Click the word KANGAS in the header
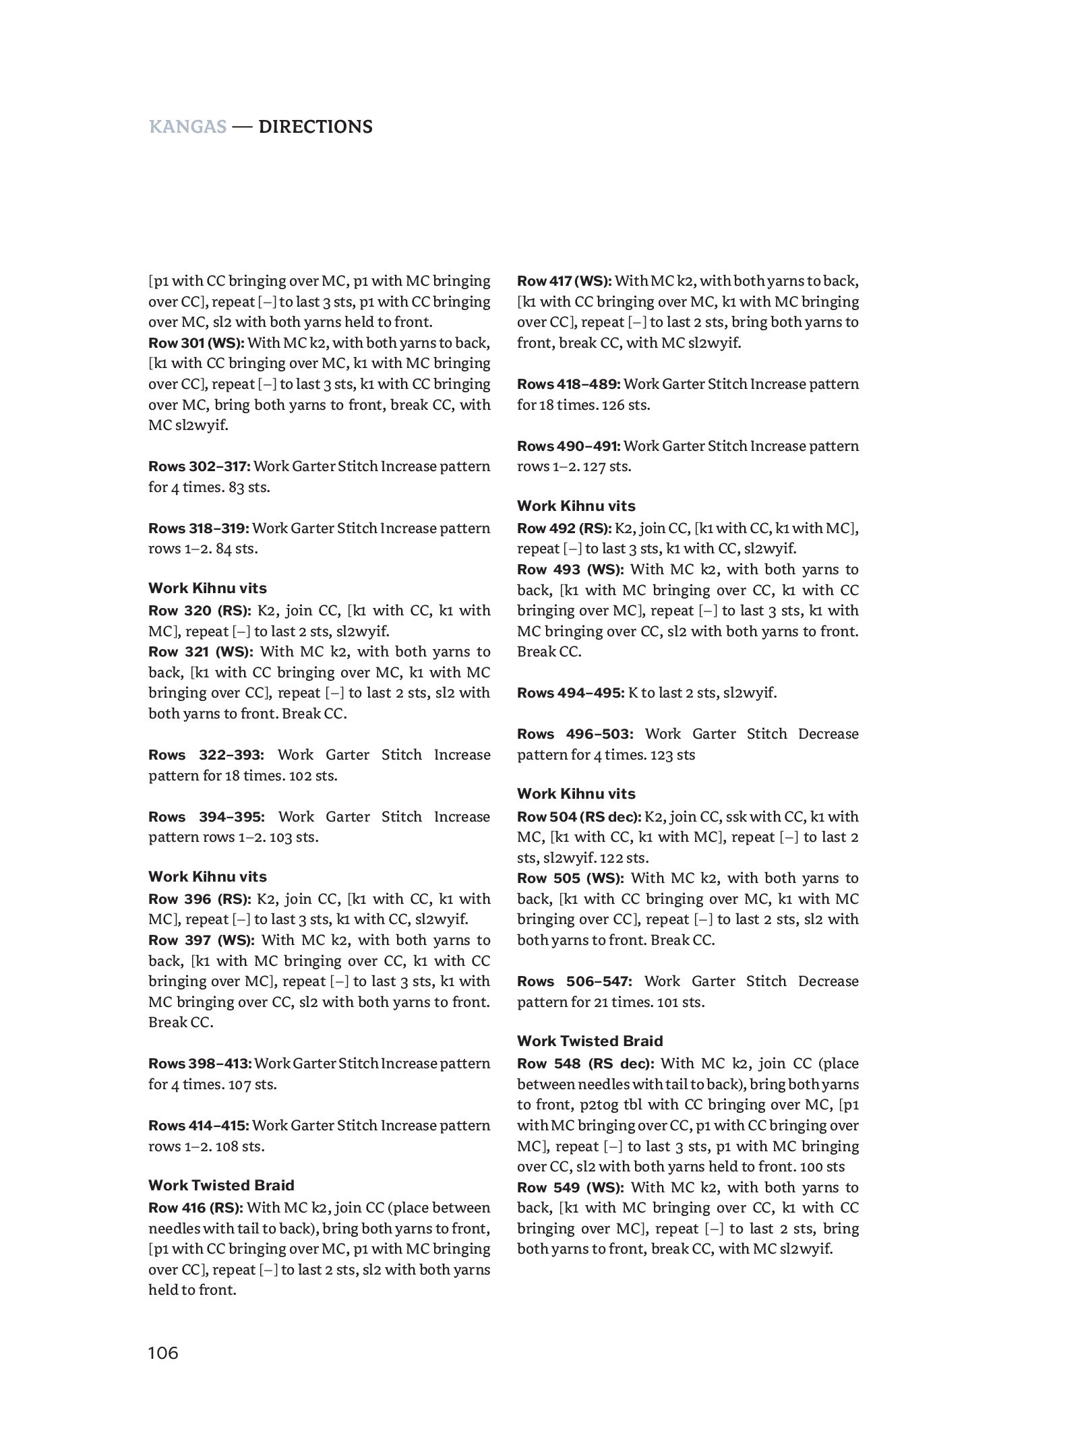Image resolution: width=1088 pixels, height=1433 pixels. click(x=187, y=127)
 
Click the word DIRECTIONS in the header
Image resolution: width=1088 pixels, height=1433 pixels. click(x=315, y=127)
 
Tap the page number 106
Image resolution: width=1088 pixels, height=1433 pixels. click(x=163, y=1352)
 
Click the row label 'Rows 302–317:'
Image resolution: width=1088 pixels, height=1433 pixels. click(x=200, y=466)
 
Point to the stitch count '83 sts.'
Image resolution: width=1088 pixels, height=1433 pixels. click(x=249, y=487)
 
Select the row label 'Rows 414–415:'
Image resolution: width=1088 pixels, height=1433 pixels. click(x=199, y=1126)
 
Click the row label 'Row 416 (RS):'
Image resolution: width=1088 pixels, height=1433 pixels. click(x=195, y=1208)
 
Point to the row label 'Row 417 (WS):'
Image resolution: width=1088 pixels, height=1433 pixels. click(x=564, y=281)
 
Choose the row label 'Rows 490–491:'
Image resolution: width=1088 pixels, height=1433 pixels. click(x=568, y=446)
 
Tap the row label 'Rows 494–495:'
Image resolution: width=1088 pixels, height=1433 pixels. click(x=570, y=693)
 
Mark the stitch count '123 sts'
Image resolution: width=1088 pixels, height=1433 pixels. click(x=673, y=755)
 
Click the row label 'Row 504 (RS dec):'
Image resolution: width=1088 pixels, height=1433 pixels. click(x=579, y=817)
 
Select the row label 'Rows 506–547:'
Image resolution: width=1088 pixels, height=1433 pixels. click(x=575, y=981)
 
